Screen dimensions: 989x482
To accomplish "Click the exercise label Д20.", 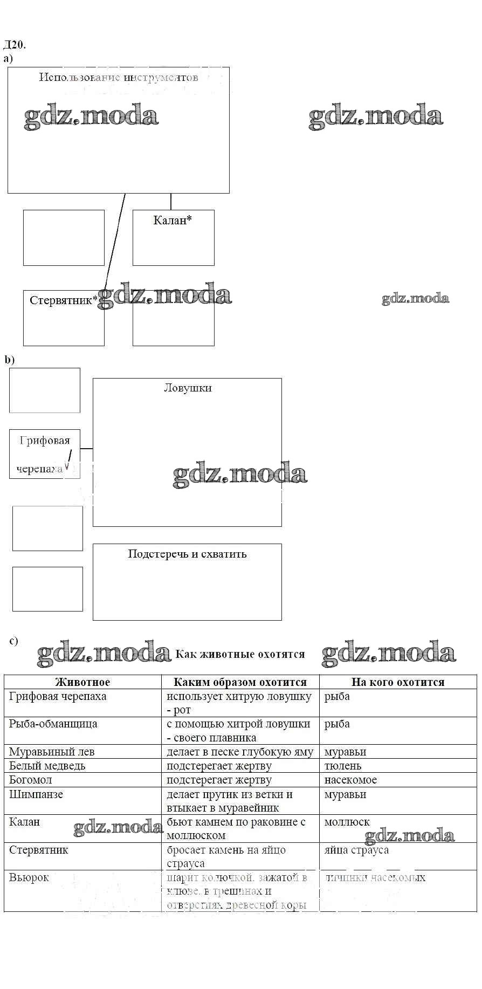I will click(14, 44).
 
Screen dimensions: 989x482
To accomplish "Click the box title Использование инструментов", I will click(119, 77).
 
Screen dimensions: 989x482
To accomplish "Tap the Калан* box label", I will click(173, 220).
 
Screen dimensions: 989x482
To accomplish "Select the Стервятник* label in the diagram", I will click(64, 300).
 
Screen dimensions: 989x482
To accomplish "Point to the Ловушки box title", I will click(188, 388).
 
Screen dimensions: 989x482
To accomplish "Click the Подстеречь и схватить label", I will click(187, 554).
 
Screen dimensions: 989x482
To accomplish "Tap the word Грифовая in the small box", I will click(45, 441).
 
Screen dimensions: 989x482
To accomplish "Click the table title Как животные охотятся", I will click(240, 654).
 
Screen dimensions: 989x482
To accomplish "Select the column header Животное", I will click(82, 682).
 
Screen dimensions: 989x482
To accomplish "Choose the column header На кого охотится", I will click(398, 682).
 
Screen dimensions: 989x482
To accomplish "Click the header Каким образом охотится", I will click(240, 682).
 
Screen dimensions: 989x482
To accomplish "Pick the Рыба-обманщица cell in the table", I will click(53, 724).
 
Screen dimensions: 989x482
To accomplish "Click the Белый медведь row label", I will click(47, 766).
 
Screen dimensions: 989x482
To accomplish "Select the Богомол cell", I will click(31, 780).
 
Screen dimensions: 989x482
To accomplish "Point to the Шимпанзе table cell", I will click(36, 794).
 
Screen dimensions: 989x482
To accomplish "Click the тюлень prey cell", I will click(343, 766).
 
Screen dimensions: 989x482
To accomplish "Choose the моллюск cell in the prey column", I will click(347, 822).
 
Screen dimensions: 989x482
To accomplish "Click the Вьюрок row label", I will click(29, 877).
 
